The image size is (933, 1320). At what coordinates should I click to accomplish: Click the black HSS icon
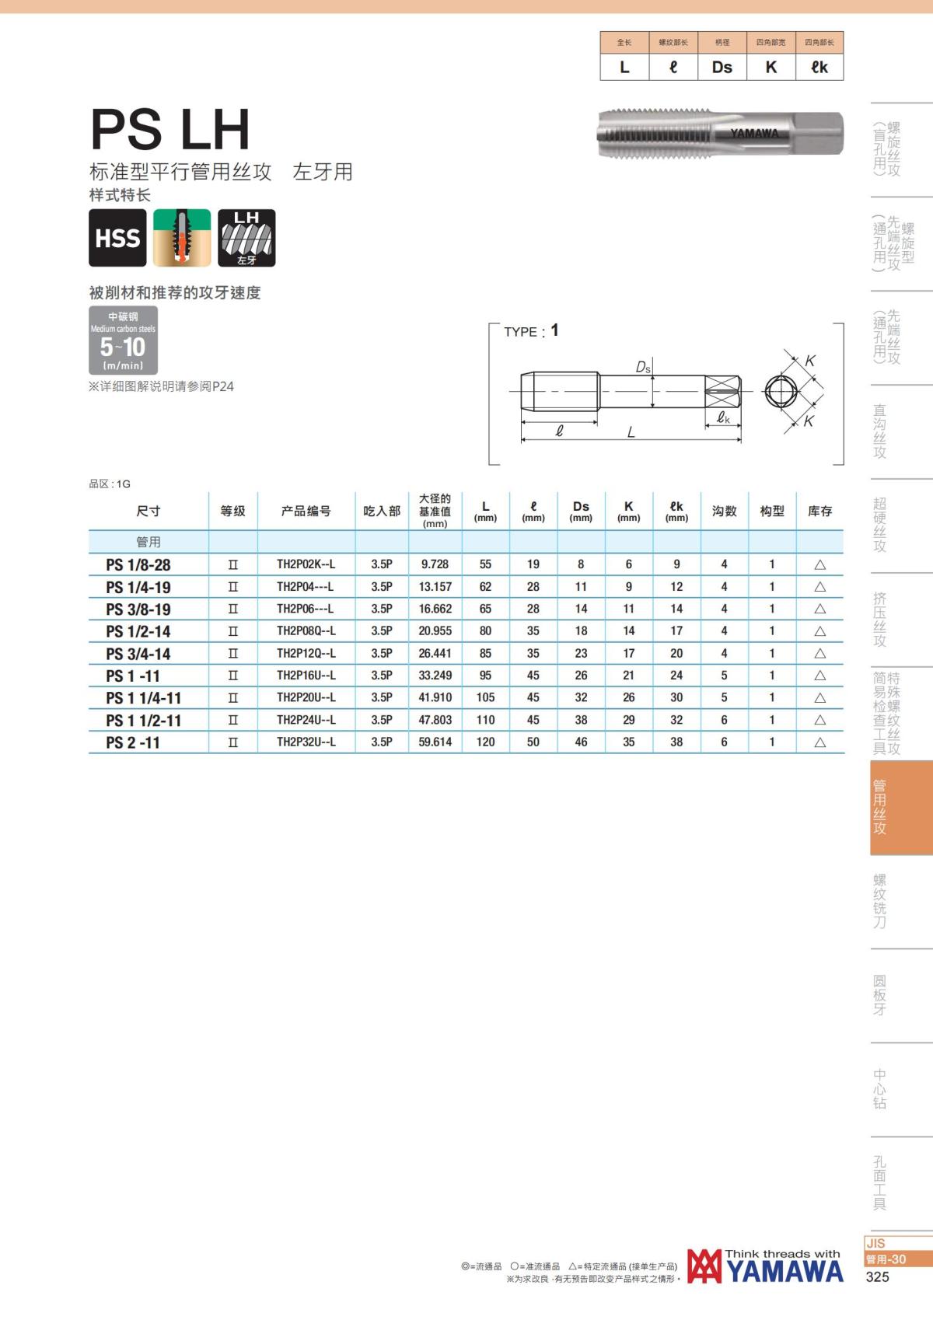click(x=117, y=237)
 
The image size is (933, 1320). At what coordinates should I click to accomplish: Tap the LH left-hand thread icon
click(x=246, y=237)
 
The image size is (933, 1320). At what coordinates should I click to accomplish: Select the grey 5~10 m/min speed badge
click(x=123, y=340)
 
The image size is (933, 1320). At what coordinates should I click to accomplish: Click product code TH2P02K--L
click(x=306, y=564)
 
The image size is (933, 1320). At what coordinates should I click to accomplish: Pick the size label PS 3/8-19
click(x=138, y=609)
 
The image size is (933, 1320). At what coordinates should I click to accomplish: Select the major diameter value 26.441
click(x=435, y=653)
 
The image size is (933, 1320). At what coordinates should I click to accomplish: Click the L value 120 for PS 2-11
click(x=485, y=742)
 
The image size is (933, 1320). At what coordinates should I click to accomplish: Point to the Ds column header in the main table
click(x=581, y=511)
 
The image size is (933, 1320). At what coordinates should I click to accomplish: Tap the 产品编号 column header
click(x=306, y=511)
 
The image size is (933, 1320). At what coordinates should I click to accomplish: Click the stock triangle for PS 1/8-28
click(x=819, y=564)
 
